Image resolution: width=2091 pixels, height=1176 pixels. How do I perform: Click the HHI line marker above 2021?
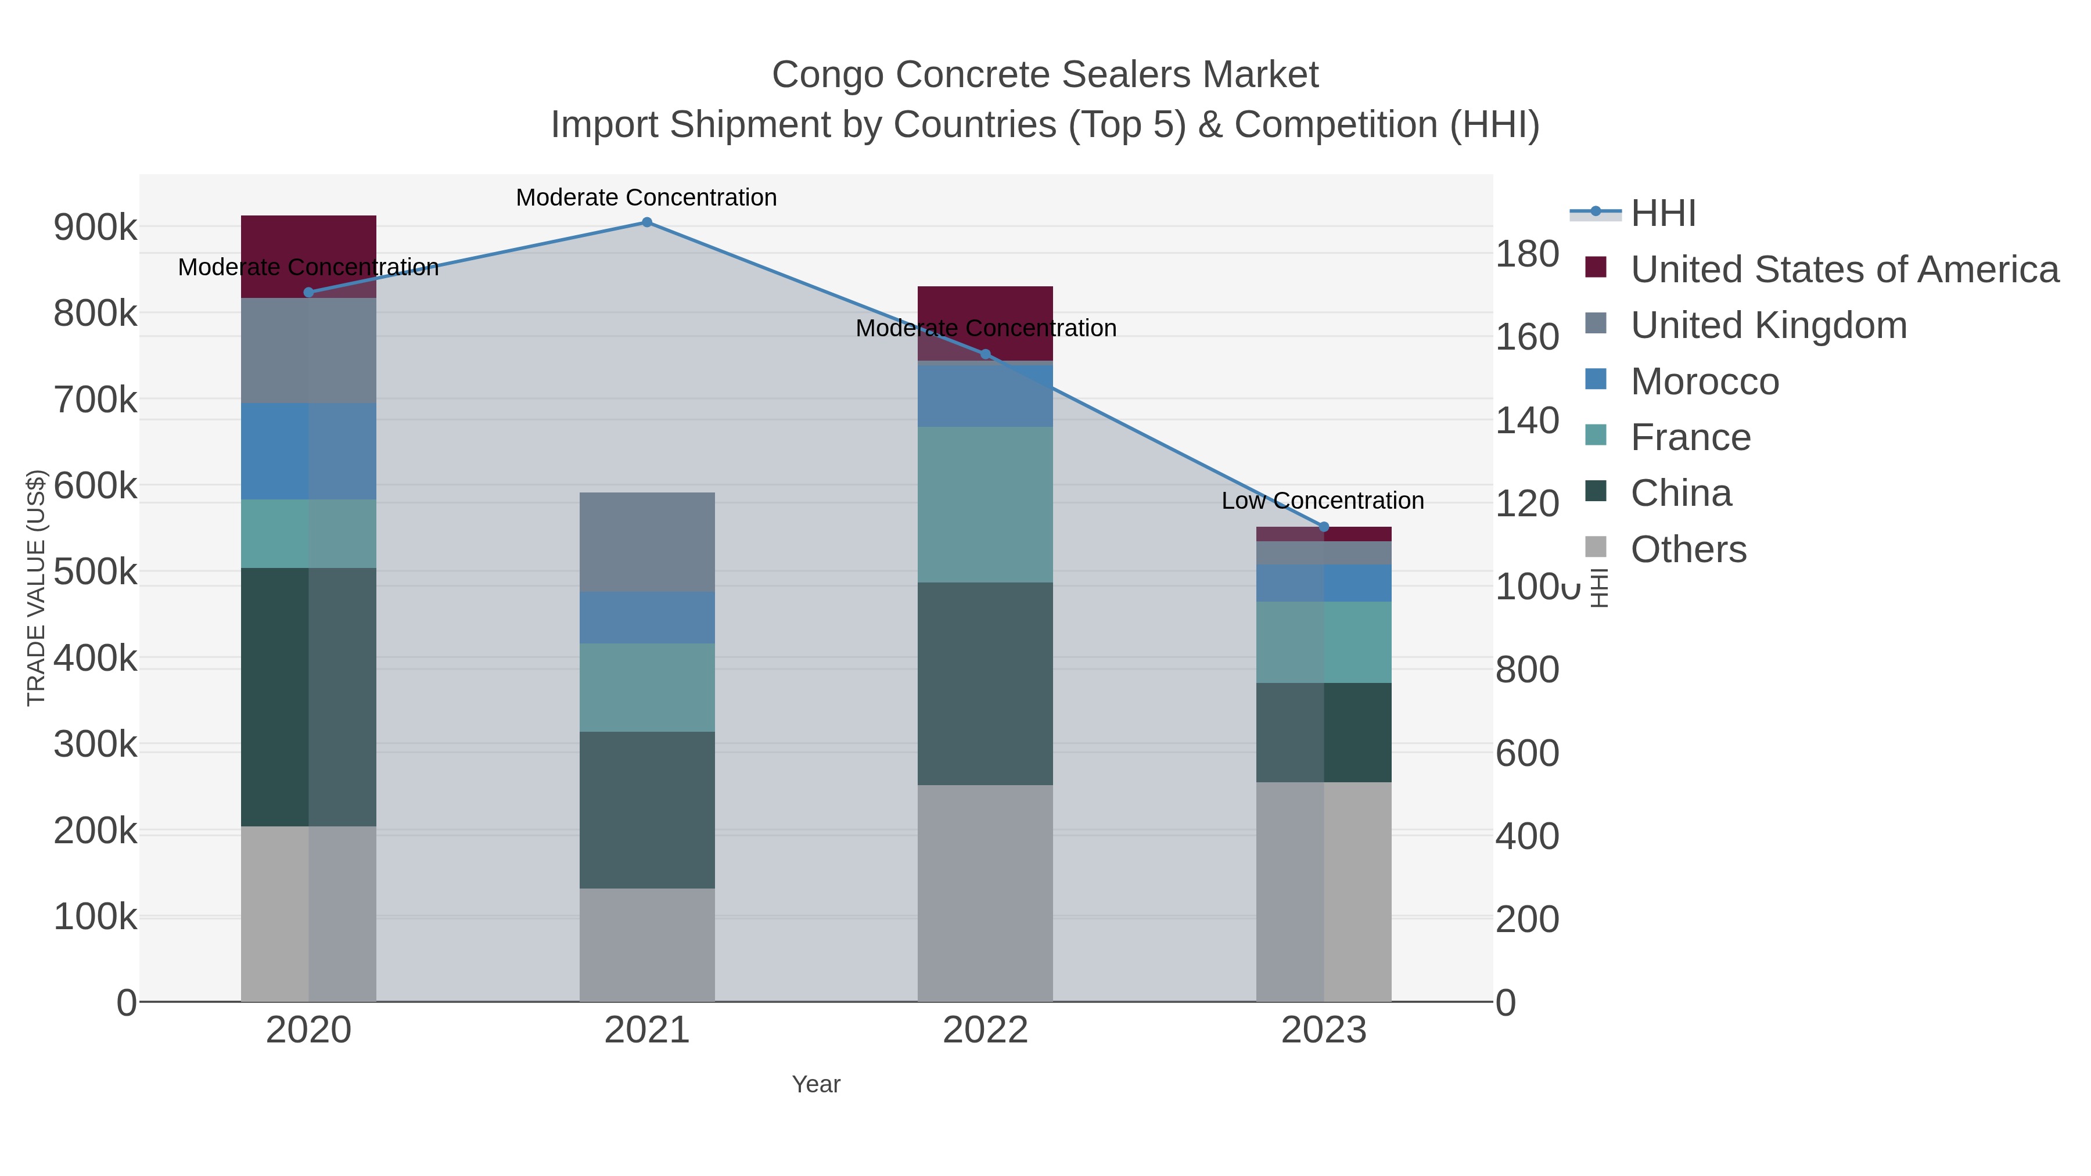coord(647,222)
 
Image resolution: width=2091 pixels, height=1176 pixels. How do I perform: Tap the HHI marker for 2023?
coord(1324,527)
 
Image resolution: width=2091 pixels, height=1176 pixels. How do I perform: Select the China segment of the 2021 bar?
coord(647,810)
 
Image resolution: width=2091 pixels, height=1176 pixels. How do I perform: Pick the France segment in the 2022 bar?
coord(986,504)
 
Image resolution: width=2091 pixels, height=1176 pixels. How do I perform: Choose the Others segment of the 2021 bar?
coord(647,945)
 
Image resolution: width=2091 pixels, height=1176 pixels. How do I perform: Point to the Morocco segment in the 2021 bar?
coord(647,618)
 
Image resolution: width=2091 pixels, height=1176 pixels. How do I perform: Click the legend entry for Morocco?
coord(1705,382)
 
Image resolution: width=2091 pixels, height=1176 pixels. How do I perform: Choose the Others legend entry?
coord(1688,549)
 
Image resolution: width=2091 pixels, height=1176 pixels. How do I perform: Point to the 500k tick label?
coord(95,572)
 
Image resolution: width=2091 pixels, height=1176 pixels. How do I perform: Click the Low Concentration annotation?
coord(1323,501)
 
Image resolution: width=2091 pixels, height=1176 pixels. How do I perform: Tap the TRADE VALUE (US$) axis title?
coord(37,588)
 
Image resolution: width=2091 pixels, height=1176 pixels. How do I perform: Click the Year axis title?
coord(816,1084)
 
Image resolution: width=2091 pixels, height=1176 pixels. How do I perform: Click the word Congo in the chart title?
coord(827,75)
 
